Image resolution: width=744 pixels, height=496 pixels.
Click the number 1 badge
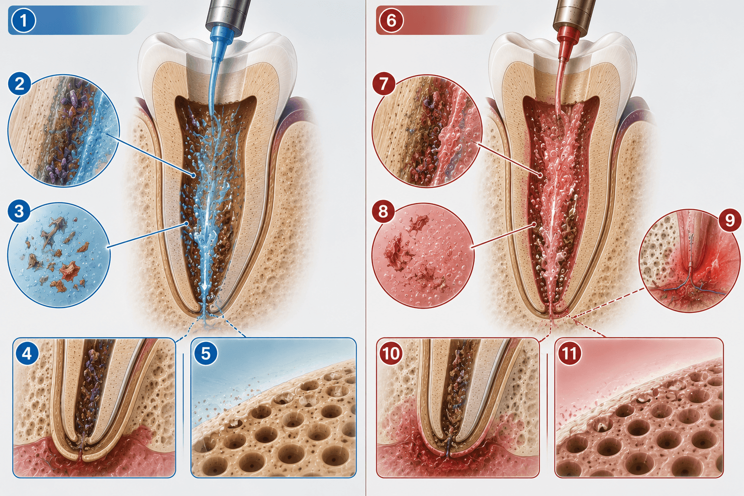point(23,21)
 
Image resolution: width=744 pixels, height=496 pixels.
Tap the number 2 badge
point(19,84)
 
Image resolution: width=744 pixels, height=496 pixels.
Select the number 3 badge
point(19,211)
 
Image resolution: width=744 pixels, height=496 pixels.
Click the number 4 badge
point(27,353)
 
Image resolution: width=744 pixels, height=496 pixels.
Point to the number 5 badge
point(205,353)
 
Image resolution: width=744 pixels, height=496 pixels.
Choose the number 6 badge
point(391,21)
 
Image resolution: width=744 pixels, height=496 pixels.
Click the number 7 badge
point(384,84)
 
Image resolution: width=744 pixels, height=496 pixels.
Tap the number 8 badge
point(383,211)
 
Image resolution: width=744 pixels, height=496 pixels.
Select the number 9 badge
point(730,220)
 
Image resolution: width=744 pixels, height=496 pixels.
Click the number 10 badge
point(391,353)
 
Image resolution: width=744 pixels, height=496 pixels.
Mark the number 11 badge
point(570,353)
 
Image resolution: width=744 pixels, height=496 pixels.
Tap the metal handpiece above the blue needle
point(229,15)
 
